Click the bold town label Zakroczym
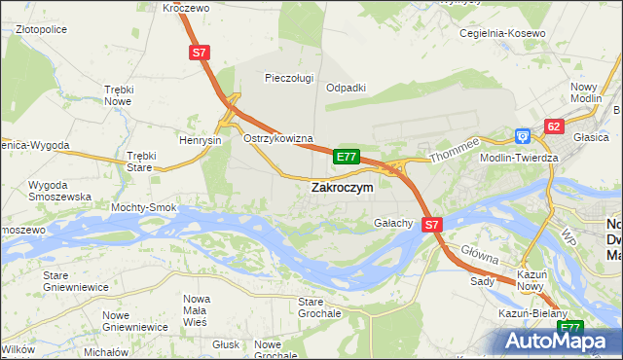pyautogui.click(x=341, y=188)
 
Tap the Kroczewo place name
pyautogui.click(x=187, y=7)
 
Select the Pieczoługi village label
pyautogui.click(x=291, y=78)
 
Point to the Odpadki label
pyautogui.click(x=346, y=87)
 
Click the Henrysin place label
pyautogui.click(x=201, y=140)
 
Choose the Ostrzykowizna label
pyautogui.click(x=277, y=139)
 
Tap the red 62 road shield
pyautogui.click(x=554, y=126)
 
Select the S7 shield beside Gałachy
pyautogui.click(x=433, y=224)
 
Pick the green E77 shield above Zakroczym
pyautogui.click(x=347, y=156)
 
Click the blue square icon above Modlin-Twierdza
pyautogui.click(x=523, y=137)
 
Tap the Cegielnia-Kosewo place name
pyautogui.click(x=502, y=33)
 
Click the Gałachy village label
pyautogui.click(x=394, y=223)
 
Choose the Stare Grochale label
pyautogui.click(x=318, y=307)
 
